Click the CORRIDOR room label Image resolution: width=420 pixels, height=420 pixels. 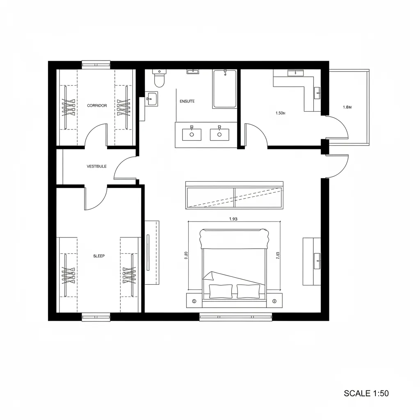click(x=97, y=106)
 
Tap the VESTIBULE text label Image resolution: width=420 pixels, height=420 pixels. click(x=97, y=167)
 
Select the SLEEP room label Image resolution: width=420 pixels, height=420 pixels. click(x=99, y=256)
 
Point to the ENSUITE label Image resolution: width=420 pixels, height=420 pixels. click(x=187, y=101)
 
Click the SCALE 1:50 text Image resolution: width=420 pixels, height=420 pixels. click(x=366, y=393)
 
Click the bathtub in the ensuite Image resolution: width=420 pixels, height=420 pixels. click(x=224, y=89)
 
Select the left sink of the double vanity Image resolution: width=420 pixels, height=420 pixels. click(x=191, y=134)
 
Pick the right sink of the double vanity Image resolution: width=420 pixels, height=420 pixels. click(x=219, y=134)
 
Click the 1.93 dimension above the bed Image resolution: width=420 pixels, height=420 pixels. click(x=233, y=219)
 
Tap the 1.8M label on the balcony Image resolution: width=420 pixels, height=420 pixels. click(x=347, y=107)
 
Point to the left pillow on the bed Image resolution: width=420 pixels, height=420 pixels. click(x=221, y=291)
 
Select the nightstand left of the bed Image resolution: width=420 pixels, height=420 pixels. click(x=194, y=301)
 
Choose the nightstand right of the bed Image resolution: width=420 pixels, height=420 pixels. click(x=274, y=301)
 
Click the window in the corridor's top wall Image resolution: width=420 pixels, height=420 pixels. click(x=96, y=64)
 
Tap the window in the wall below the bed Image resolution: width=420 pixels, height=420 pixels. click(x=235, y=316)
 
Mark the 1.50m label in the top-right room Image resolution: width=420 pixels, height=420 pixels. click(x=281, y=113)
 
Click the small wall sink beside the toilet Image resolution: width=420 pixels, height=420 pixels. click(x=152, y=98)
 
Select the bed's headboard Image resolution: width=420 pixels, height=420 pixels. click(x=234, y=238)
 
